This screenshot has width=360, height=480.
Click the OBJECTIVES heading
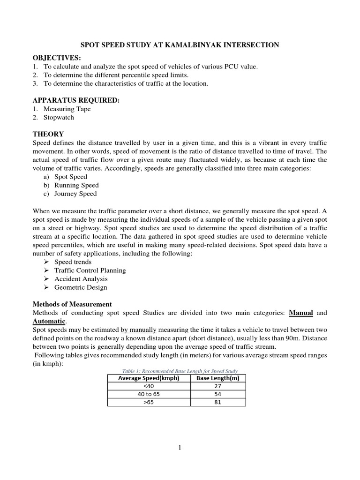[x=57, y=58]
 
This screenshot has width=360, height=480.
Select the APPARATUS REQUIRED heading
[x=76, y=100]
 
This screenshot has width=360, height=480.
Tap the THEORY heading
[x=48, y=134]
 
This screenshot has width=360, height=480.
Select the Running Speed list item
[x=76, y=185]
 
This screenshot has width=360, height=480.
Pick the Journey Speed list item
[x=75, y=194]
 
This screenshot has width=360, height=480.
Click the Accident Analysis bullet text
[x=81, y=279]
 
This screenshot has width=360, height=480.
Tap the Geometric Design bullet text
[x=81, y=287]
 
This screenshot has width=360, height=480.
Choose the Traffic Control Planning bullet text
[x=90, y=270]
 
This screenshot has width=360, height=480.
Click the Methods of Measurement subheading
[x=72, y=304]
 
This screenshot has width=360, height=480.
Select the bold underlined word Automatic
[x=49, y=321]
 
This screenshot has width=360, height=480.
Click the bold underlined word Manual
[x=301, y=313]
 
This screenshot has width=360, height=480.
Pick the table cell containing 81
[x=217, y=402]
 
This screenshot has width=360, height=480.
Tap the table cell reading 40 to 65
[x=149, y=394]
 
